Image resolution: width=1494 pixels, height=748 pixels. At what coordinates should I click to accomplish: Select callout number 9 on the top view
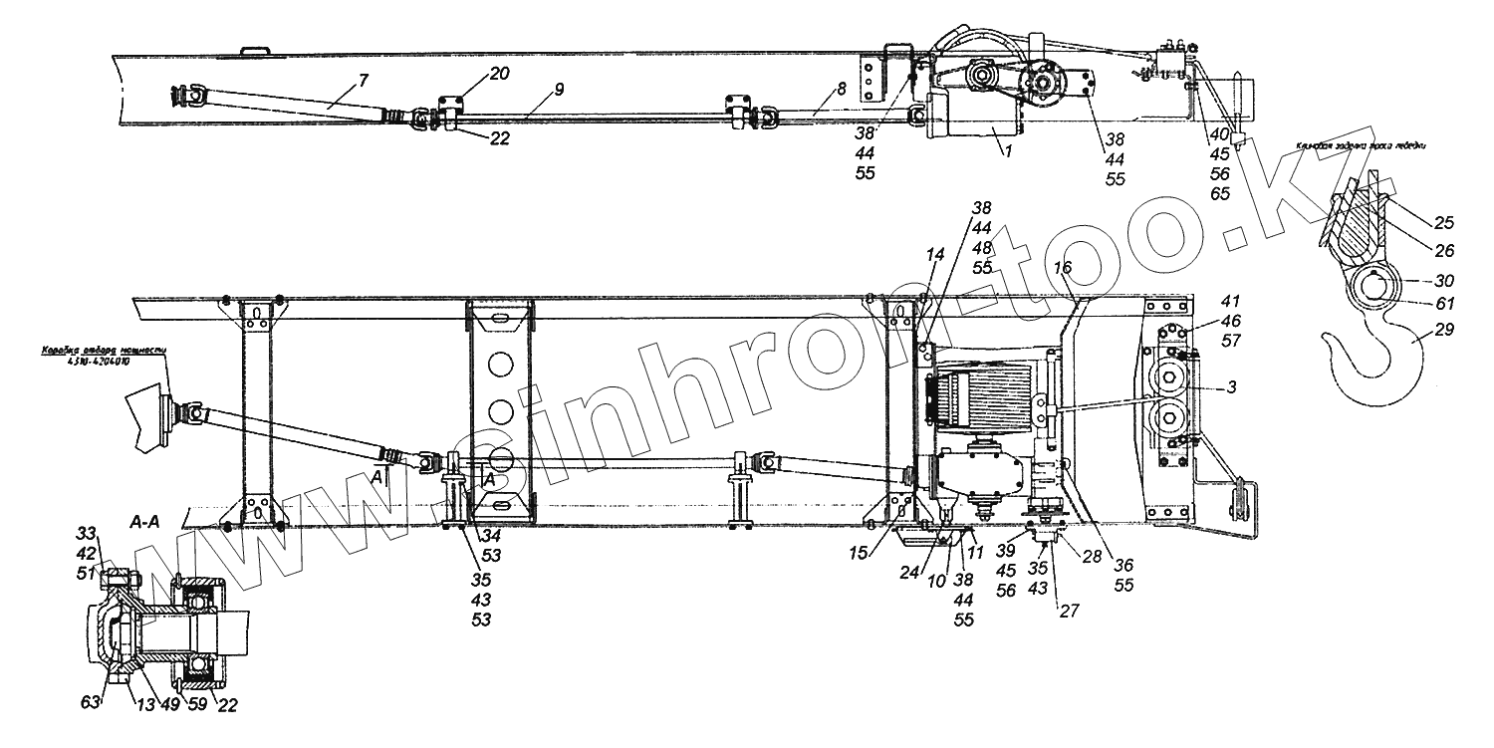pyautogui.click(x=559, y=90)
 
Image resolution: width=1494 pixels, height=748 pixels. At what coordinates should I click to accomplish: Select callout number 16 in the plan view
pyautogui.click(x=1063, y=267)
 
